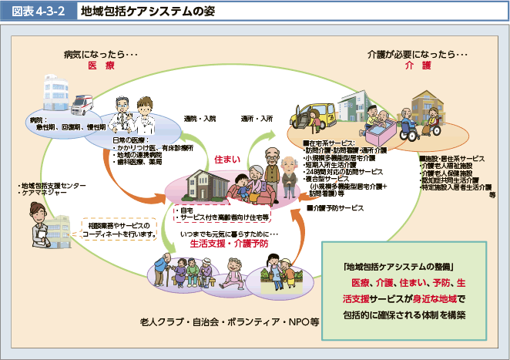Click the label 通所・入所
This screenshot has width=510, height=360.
[x=257, y=119]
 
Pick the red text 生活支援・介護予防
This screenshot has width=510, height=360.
[x=229, y=243]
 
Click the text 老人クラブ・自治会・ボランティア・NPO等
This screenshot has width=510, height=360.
[x=230, y=322]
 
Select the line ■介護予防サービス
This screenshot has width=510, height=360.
[x=335, y=207]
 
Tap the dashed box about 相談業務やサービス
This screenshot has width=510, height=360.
[x=120, y=230]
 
